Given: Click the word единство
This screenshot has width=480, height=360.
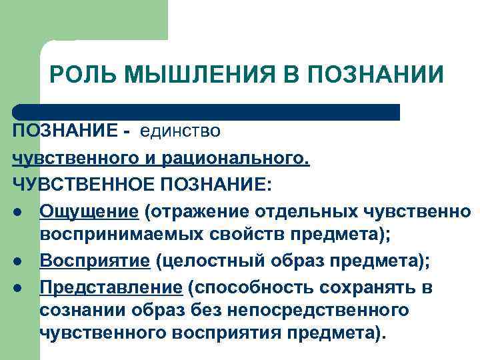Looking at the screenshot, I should click(x=180, y=130).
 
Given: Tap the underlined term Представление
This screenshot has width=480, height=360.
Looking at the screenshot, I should click(x=111, y=287).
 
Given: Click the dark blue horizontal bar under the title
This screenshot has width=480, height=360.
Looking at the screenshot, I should click(x=207, y=112).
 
